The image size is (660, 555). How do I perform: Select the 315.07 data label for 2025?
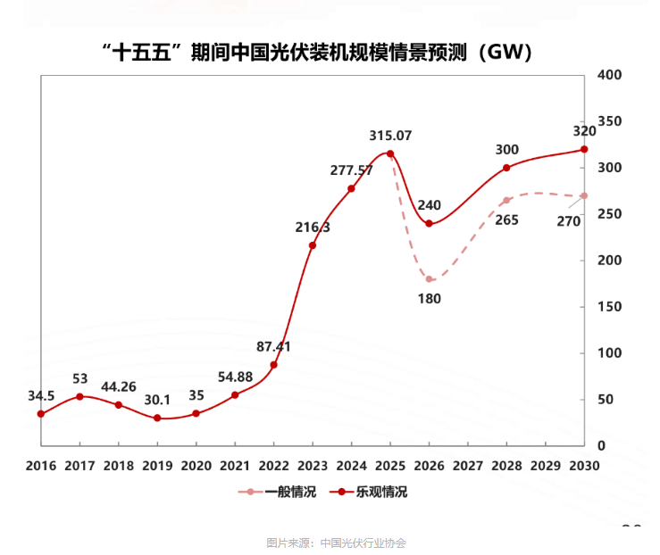390,136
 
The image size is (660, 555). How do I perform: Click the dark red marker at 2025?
390,153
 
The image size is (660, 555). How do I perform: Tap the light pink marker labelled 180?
429,279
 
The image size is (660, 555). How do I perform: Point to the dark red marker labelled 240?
429,223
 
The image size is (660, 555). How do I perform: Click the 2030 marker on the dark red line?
584,149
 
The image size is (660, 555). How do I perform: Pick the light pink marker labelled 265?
506,201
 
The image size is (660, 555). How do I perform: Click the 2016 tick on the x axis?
40,466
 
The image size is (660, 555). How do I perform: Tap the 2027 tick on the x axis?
468,466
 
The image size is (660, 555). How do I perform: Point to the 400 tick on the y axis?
610,75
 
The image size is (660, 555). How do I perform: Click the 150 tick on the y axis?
610,307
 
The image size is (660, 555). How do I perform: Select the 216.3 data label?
313,228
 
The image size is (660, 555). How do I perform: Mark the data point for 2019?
157,418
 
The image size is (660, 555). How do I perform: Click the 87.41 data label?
274,346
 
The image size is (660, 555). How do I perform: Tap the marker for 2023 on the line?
313,245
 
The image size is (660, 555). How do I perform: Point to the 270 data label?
569,221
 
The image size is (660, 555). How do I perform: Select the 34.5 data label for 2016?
40,395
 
